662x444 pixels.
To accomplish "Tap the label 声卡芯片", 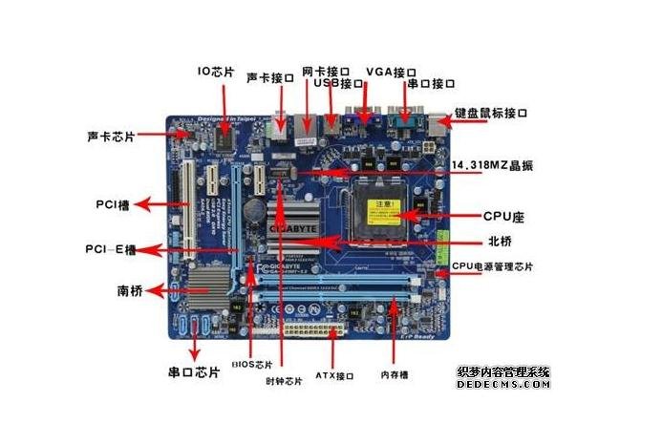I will coord(111,137).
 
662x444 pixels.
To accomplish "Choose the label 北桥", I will coord(474,241).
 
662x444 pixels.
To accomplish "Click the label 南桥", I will coord(130,290).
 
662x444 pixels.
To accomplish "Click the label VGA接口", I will coord(391,72).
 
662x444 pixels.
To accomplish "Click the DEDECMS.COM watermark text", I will coord(503,384).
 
